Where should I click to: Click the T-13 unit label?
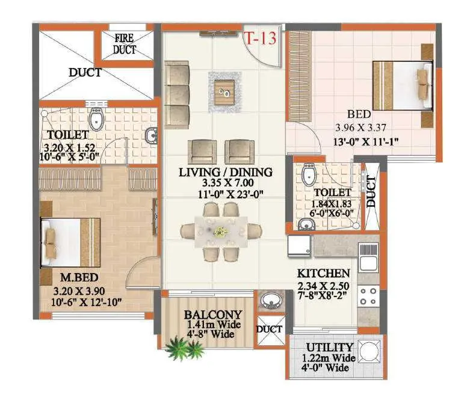pos(259,38)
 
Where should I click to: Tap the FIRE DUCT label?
pos(126,45)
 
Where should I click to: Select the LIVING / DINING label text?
pos(225,172)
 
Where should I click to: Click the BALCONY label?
pos(212,315)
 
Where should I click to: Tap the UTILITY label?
pos(329,347)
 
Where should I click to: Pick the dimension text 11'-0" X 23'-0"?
pos(225,194)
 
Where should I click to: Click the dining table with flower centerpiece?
pos(221,232)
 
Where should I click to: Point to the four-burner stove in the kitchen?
pos(368,297)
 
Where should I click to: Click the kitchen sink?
pos(368,257)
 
